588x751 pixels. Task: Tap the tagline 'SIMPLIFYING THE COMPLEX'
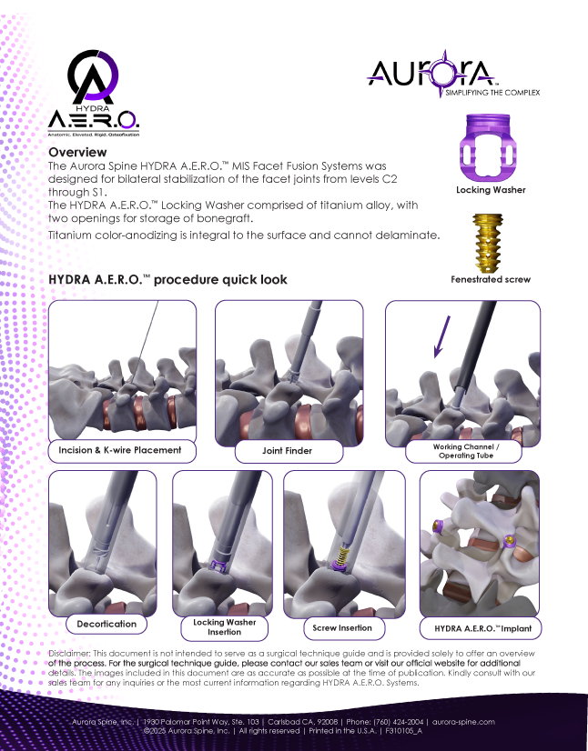point(492,92)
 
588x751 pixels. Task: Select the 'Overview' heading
point(77,152)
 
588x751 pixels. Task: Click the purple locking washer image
point(490,147)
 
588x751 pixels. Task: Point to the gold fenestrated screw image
point(490,240)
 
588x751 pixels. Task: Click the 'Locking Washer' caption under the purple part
point(491,190)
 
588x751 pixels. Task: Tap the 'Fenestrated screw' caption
point(491,280)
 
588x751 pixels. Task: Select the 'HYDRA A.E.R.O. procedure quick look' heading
point(167,280)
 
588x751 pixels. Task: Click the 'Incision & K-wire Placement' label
point(121,450)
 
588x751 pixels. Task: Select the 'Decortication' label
point(106,624)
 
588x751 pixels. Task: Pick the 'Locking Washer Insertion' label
point(224,627)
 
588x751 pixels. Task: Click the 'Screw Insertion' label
point(342,628)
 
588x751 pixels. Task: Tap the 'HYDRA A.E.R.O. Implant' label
point(481,627)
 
